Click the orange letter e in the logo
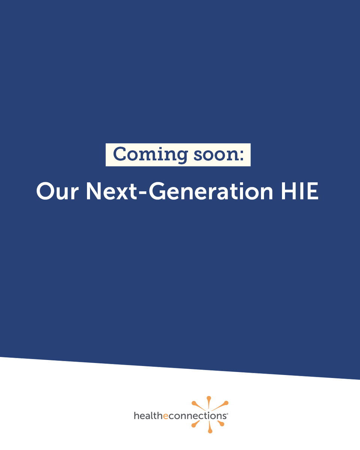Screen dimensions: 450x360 [165, 416]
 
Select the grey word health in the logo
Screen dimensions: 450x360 [148, 415]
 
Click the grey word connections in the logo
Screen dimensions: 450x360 [196, 416]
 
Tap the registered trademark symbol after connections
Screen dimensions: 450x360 [227, 413]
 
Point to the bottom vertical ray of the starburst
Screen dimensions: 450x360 [210, 427]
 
